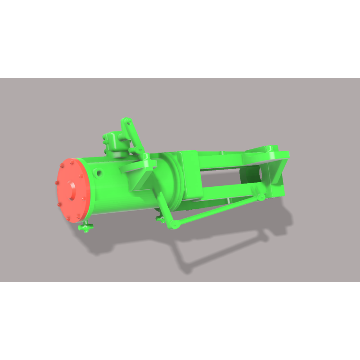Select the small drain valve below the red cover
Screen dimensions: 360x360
click(x=85, y=228)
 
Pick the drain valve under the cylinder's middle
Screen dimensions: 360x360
click(x=158, y=219)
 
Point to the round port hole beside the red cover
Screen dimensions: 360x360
click(x=98, y=172)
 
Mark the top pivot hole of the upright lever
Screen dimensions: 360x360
click(x=127, y=121)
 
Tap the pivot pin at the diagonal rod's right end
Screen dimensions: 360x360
click(x=260, y=197)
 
